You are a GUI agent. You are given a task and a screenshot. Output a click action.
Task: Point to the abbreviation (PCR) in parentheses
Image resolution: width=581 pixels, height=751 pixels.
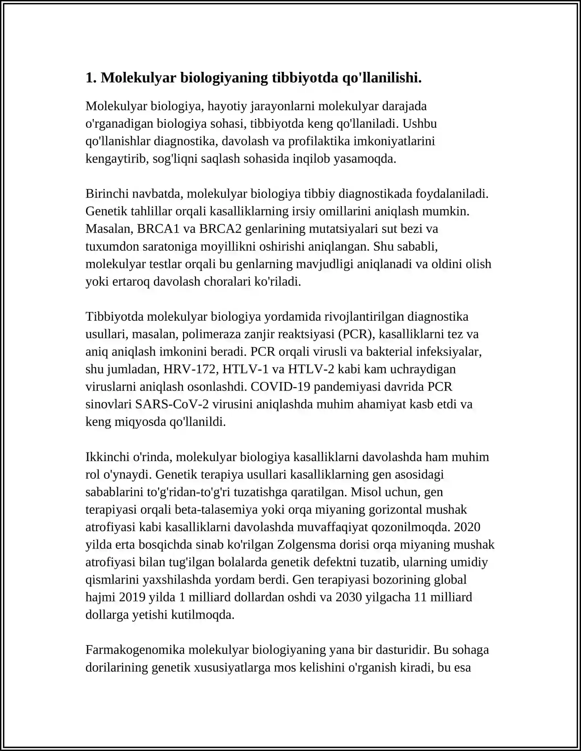(x=356, y=334)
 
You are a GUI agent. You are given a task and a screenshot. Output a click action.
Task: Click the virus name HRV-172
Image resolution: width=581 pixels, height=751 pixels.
(x=191, y=369)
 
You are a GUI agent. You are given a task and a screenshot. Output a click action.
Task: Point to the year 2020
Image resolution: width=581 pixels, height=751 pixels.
(x=467, y=527)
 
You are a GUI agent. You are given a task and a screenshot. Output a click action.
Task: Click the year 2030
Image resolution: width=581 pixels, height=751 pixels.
(x=349, y=597)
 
